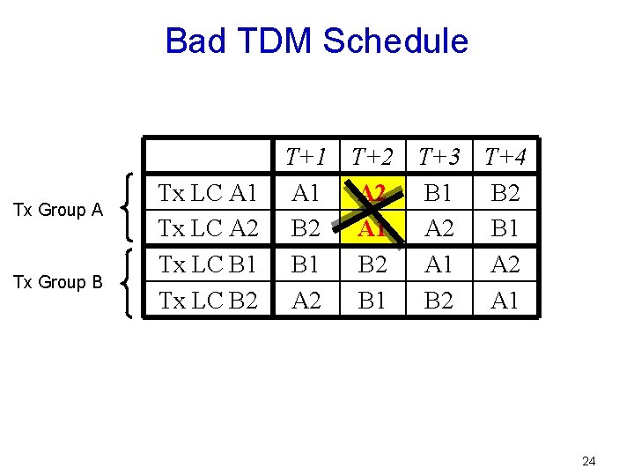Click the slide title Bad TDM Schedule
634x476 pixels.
(x=316, y=41)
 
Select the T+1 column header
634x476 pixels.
(x=306, y=158)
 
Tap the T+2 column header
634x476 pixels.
(x=372, y=158)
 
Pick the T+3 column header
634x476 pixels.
(x=439, y=158)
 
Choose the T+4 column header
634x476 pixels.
(x=505, y=158)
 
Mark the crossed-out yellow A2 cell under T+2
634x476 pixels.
(x=372, y=192)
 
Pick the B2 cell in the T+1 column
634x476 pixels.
(x=306, y=228)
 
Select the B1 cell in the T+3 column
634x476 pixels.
(x=439, y=192)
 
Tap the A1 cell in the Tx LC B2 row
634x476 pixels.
(x=505, y=300)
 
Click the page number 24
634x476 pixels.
(x=590, y=461)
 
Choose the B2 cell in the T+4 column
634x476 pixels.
(x=505, y=192)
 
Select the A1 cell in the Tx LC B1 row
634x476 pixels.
(x=439, y=264)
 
